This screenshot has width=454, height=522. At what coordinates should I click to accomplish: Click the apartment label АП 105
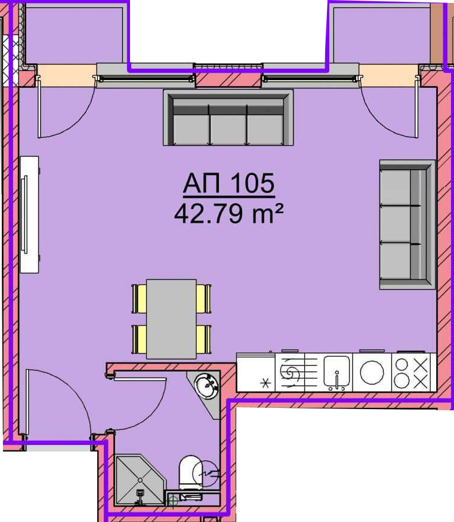229,183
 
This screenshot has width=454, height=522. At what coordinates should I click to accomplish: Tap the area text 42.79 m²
229,213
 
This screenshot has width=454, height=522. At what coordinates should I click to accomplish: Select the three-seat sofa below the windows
228,118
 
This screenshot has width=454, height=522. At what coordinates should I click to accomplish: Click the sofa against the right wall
407,225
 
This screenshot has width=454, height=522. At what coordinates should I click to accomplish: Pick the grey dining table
171,319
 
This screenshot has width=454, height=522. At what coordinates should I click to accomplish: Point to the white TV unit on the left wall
29,215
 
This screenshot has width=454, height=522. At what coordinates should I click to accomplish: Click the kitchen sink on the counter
337,372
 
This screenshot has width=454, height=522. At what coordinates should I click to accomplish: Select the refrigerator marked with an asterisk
256,372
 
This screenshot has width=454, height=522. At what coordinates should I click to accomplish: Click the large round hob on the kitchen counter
372,372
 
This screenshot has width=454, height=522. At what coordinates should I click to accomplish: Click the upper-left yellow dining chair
140,299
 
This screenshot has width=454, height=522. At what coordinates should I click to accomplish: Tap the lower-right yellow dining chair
203,339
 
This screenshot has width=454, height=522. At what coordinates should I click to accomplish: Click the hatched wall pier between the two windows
228,80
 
